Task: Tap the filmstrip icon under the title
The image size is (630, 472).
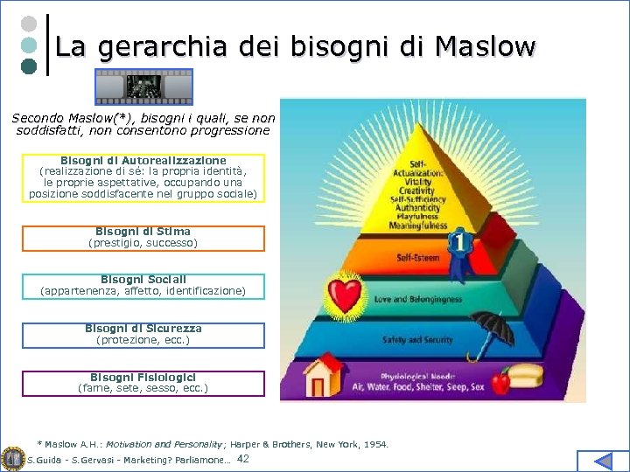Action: [143, 87]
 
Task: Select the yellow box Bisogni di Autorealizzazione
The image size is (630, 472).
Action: [143, 177]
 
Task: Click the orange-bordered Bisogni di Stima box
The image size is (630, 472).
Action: [143, 238]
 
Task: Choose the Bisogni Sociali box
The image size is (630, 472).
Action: [143, 286]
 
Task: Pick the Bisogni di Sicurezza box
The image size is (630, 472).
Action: [143, 335]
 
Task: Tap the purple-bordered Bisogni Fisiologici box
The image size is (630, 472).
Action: [143, 383]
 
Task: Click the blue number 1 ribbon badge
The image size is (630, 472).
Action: [458, 244]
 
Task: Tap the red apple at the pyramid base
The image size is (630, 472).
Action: [500, 381]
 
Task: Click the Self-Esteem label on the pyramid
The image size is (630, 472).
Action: [418, 258]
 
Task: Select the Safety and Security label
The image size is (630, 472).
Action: [418, 339]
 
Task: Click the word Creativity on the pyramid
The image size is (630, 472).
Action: [417, 191]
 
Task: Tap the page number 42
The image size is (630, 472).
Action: [243, 459]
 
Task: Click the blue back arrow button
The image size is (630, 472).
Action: [604, 461]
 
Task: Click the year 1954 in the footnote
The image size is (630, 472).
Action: [375, 444]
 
